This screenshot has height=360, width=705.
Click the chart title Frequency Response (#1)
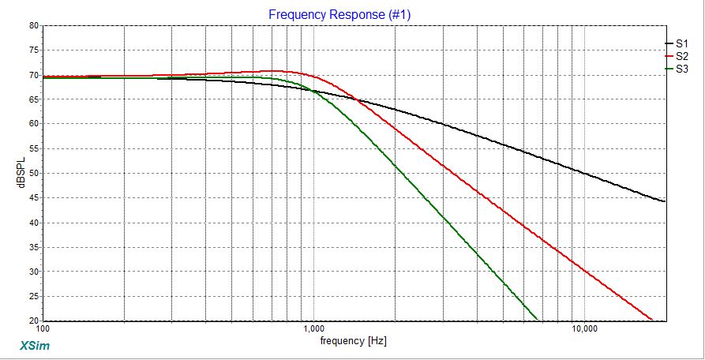point(339,14)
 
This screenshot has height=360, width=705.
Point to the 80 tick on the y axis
point(34,25)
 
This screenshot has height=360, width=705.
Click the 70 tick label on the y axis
point(34,75)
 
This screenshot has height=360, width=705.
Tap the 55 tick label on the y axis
point(34,148)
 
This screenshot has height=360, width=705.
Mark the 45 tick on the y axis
point(34,198)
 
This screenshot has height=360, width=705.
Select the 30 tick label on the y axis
point(34,272)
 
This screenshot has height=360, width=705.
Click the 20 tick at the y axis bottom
point(34,321)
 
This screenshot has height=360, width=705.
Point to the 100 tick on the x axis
point(43,328)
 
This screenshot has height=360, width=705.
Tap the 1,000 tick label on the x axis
point(314,328)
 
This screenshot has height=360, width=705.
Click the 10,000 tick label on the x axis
point(584,328)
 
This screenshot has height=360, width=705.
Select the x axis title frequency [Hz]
point(354,342)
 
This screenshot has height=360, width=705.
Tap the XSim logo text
point(33,345)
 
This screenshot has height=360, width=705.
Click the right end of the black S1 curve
point(665,201)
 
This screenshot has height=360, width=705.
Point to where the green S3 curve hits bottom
point(538,321)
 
